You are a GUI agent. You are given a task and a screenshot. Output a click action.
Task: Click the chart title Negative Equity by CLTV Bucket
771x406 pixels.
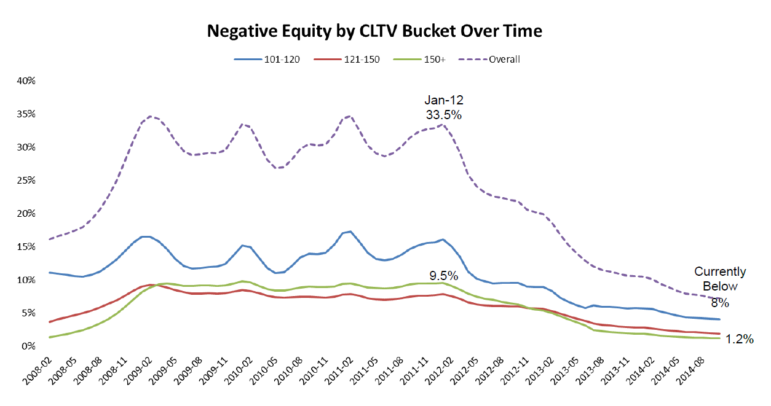tap(374, 31)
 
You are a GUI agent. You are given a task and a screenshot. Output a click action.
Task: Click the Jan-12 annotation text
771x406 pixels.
tap(443, 100)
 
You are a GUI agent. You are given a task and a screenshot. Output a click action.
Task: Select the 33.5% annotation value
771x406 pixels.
tap(443, 114)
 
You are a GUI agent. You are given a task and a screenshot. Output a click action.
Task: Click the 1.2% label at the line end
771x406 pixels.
tap(740, 339)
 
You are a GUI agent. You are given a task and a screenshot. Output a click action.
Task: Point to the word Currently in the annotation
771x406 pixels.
tap(719, 271)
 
